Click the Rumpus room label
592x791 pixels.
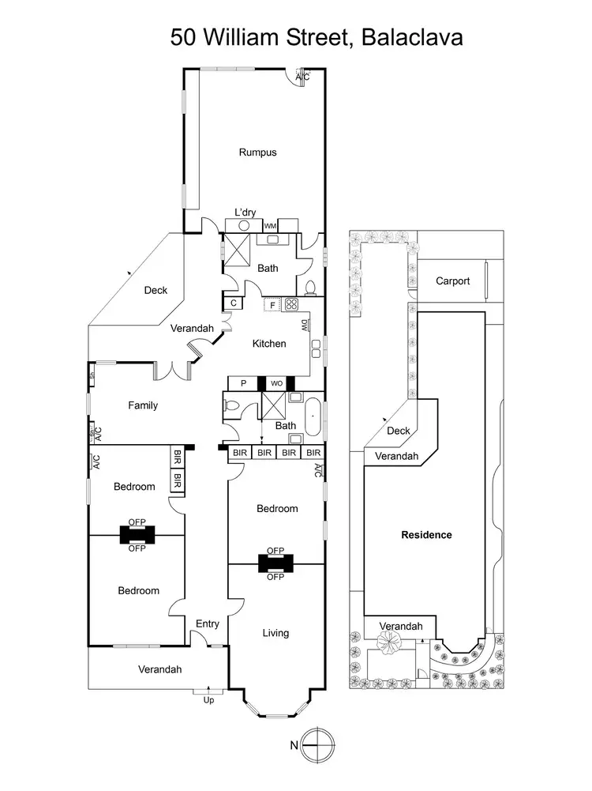257,153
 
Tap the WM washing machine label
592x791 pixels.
270,226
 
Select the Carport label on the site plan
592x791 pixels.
452,281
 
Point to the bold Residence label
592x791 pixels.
426,535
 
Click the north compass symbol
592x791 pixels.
317,744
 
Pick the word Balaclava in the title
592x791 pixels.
412,37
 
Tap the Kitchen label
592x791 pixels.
269,344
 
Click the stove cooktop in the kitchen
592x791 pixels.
292,304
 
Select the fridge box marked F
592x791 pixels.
272,305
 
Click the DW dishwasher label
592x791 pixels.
305,326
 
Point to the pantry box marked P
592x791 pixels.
243,383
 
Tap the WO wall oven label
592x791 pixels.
276,383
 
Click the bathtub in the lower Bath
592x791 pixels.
313,417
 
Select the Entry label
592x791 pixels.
208,624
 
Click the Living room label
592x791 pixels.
275,633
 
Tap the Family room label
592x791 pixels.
143,405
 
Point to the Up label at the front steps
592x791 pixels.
208,700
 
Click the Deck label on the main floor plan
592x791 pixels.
155,290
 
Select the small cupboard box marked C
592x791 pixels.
234,303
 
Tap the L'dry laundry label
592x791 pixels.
245,213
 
